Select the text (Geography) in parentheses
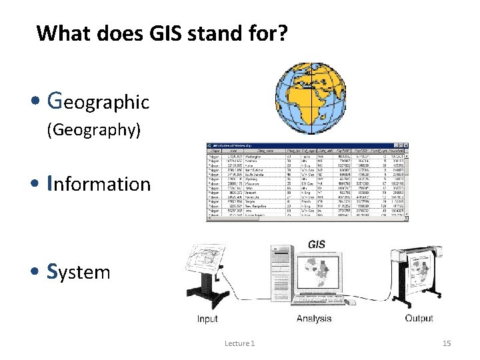[93, 130]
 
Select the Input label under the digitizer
[207, 319]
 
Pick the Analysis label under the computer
[314, 319]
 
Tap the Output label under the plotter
[418, 318]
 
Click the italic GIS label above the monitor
[317, 244]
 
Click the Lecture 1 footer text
[240, 343]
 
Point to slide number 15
[447, 343]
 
